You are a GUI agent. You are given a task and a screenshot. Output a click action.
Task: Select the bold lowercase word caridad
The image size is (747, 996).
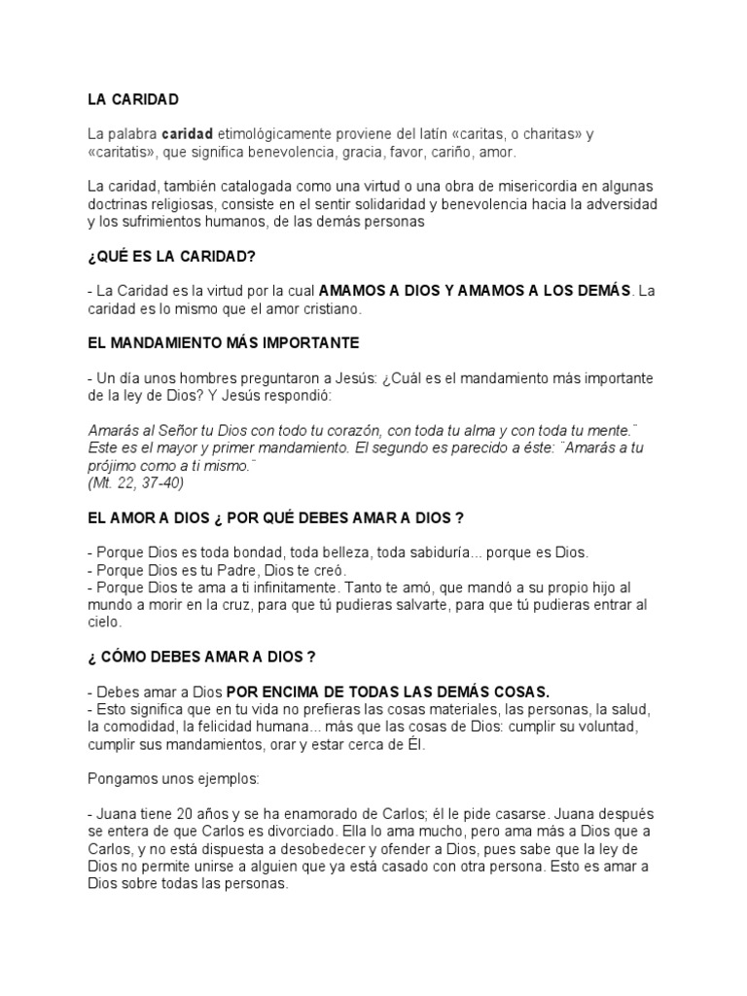(188, 133)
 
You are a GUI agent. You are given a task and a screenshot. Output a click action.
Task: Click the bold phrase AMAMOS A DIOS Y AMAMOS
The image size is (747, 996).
(434, 290)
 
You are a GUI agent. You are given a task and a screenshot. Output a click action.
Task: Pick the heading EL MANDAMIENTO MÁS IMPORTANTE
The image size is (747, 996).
(223, 343)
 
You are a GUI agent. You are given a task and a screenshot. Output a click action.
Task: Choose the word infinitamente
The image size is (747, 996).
(281, 587)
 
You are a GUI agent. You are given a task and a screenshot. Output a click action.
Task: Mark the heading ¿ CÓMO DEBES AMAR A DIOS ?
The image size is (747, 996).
(201, 657)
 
